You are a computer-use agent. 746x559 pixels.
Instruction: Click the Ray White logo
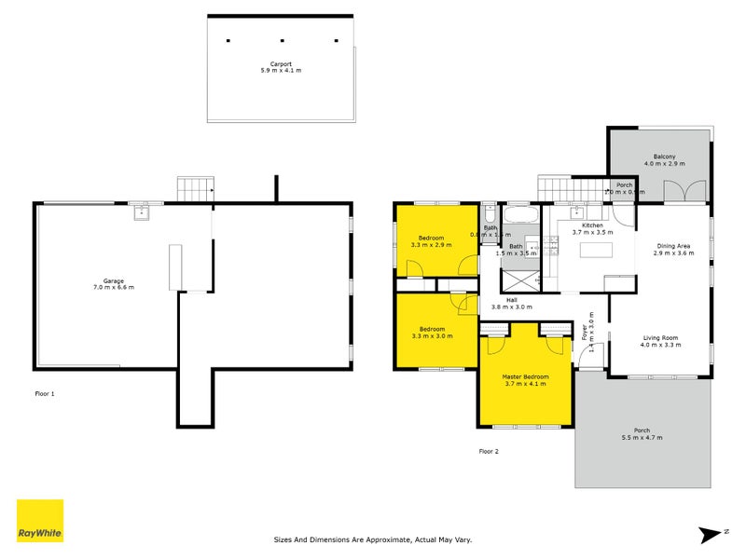(40, 521)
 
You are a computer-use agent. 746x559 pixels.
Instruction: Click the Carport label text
(280, 66)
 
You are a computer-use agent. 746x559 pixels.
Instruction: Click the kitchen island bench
(594, 250)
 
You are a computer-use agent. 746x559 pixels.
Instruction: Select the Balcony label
(664, 159)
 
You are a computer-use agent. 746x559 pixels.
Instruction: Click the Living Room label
(659, 341)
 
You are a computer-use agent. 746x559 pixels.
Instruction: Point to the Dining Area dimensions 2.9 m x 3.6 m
(672, 253)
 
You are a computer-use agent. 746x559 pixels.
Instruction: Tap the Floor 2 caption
(489, 451)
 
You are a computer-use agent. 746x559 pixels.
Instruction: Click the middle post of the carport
(281, 41)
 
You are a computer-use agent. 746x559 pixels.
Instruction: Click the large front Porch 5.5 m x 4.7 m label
(643, 435)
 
